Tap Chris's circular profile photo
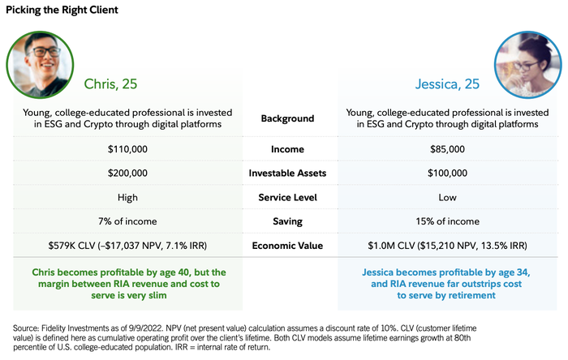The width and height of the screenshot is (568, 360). [x=39, y=64]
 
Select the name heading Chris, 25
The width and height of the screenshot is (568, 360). [x=114, y=84]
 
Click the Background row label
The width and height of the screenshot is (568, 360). [x=287, y=118]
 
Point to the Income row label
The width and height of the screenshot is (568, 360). [x=287, y=149]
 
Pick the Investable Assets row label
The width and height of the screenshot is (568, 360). [x=287, y=173]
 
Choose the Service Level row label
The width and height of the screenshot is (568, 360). [x=287, y=197]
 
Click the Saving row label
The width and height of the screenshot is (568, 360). [x=287, y=221]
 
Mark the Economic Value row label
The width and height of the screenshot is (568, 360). [x=287, y=245]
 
